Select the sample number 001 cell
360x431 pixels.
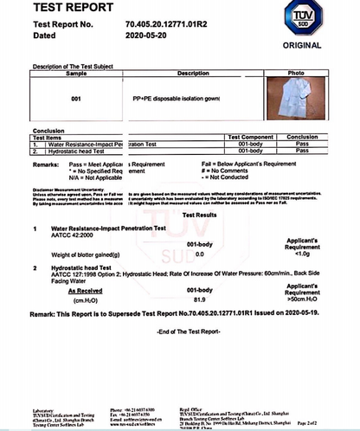click(x=76, y=100)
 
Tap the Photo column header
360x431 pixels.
click(x=296, y=74)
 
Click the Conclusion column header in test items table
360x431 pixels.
click(x=302, y=137)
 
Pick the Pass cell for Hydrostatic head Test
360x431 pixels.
click(x=302, y=151)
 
